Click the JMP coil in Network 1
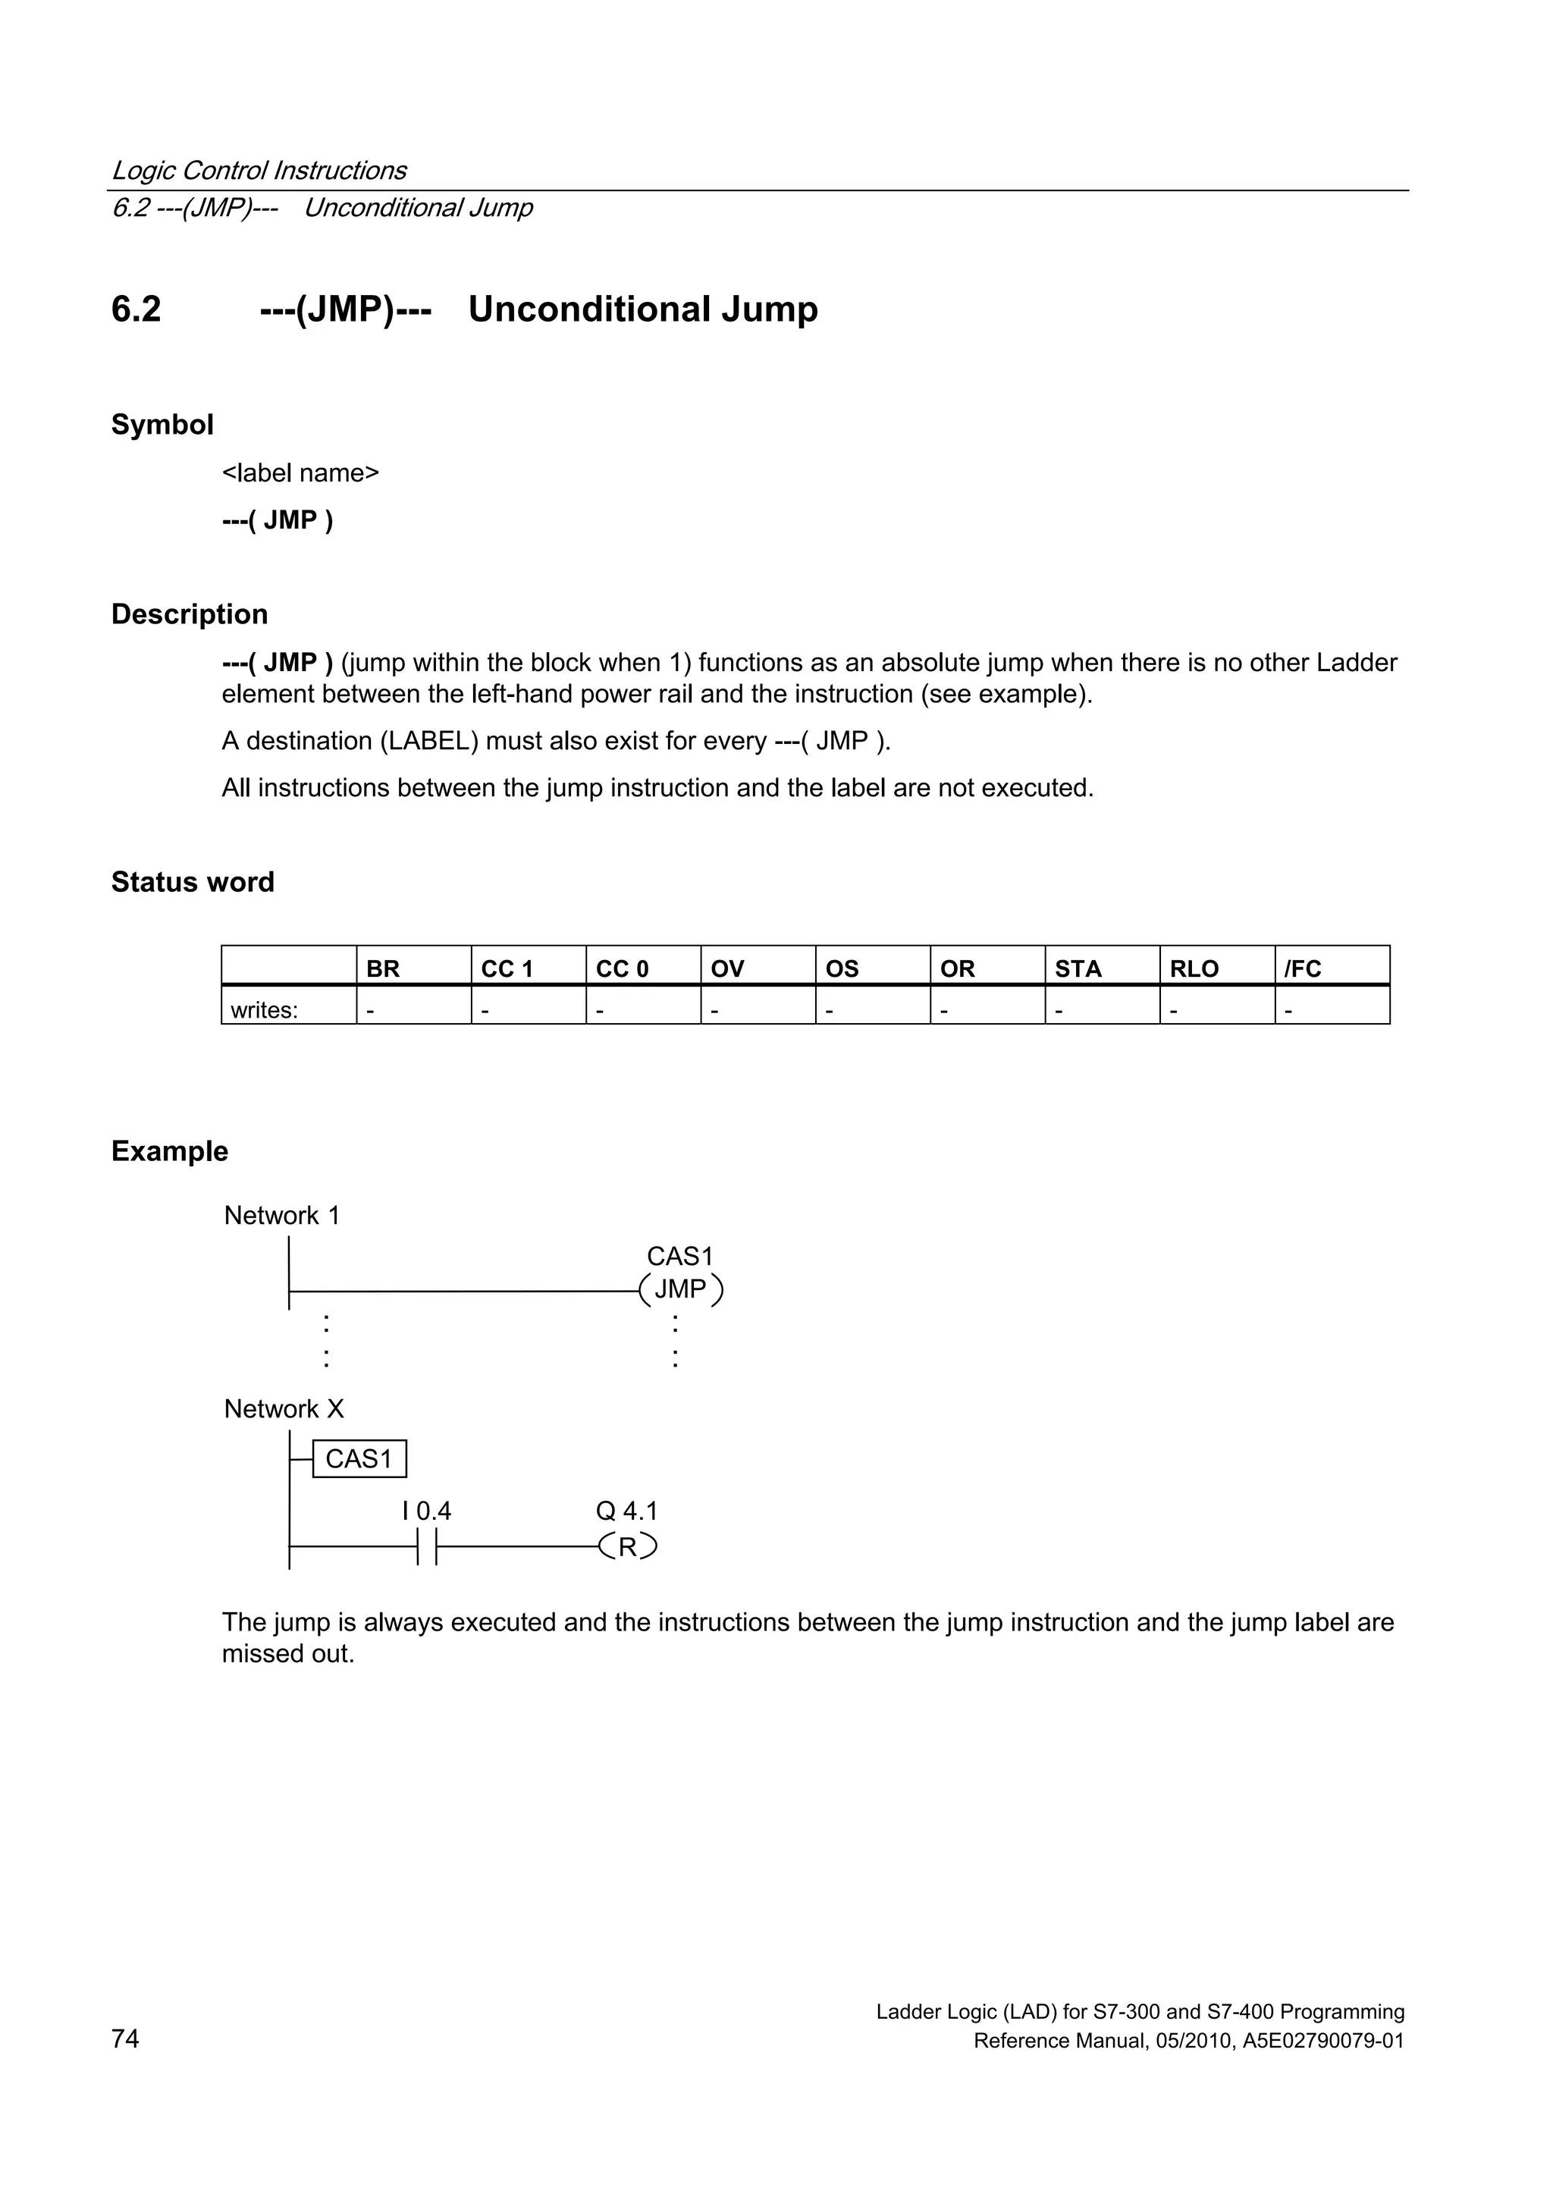coord(680,1290)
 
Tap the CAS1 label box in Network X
coord(359,1458)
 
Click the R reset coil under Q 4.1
coord(628,1546)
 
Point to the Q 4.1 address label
coord(627,1510)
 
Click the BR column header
coord(383,968)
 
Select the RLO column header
coord(1194,968)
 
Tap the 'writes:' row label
coord(264,1009)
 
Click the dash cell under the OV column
coord(716,1009)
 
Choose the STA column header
coord(1078,968)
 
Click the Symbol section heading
coord(162,424)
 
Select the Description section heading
coord(190,614)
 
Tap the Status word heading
coord(193,881)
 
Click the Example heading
coord(169,1150)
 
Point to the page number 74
coord(125,2039)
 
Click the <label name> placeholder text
coord(300,472)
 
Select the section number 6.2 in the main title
coord(136,309)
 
